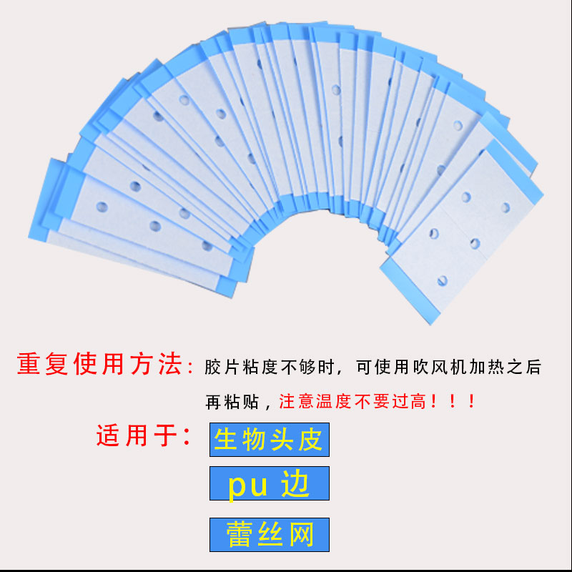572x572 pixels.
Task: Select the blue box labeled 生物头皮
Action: pyautogui.click(x=269, y=440)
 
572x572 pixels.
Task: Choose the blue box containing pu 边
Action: pyautogui.click(x=269, y=484)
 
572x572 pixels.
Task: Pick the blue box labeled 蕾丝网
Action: pyautogui.click(x=269, y=534)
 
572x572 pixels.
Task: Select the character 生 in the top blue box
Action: pyautogui.click(x=226, y=440)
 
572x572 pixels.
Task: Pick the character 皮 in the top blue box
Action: pyautogui.click(x=311, y=440)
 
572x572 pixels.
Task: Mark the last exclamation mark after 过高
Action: pyautogui.click(x=471, y=401)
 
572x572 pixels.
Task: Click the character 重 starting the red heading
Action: pyautogui.click(x=29, y=365)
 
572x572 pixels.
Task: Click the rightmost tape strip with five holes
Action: pyautogui.click(x=465, y=229)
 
